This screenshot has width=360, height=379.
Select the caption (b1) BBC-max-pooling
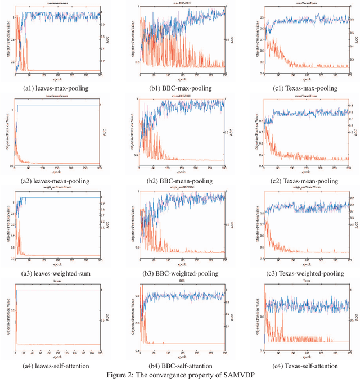181,88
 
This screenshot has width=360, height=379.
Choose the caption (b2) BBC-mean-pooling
181,181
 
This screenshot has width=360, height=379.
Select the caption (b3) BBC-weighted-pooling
181,273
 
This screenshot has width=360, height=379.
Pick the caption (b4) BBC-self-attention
181,366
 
